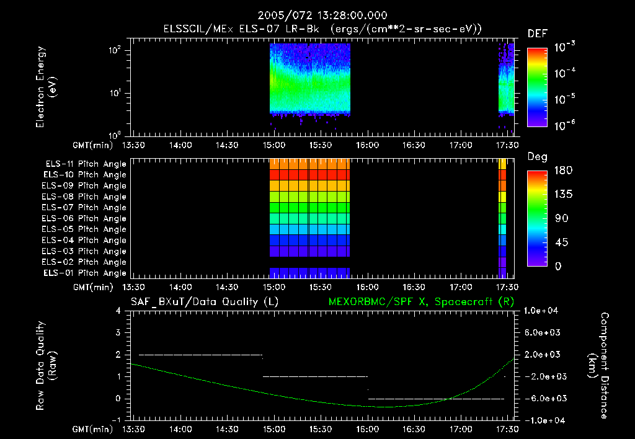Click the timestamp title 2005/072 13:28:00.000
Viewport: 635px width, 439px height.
click(x=317, y=15)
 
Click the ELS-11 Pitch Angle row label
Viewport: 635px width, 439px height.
click(x=86, y=164)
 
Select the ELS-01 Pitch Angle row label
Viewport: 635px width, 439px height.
click(x=86, y=273)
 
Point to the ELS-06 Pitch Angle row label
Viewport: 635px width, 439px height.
click(x=86, y=218)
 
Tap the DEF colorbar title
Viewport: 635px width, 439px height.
click(x=537, y=33)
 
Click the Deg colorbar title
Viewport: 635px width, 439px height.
click(x=537, y=157)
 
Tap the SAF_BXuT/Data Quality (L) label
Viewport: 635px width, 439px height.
click(x=204, y=302)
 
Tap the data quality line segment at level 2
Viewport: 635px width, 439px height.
click(x=200, y=355)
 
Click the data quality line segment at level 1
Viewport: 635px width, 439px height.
click(x=315, y=376)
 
